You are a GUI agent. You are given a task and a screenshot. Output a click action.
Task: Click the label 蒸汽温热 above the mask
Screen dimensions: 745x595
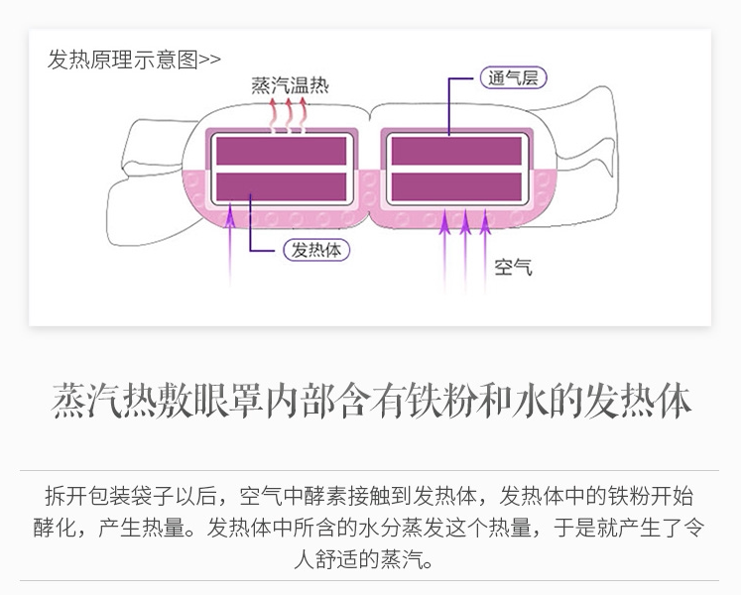[x=290, y=85]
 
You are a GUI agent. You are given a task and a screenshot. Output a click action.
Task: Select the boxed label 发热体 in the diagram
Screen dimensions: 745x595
[x=316, y=250]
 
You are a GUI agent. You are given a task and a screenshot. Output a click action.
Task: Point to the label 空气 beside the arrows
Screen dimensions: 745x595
[x=513, y=267]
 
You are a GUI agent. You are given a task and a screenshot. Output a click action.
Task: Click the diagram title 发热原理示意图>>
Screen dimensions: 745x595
[x=134, y=59]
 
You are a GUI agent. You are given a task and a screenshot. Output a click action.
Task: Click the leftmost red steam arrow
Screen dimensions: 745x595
[x=275, y=113]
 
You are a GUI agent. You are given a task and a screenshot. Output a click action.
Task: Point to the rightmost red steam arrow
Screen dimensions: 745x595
[x=304, y=113]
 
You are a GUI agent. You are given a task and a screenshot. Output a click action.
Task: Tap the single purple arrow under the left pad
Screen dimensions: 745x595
[x=233, y=243]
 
